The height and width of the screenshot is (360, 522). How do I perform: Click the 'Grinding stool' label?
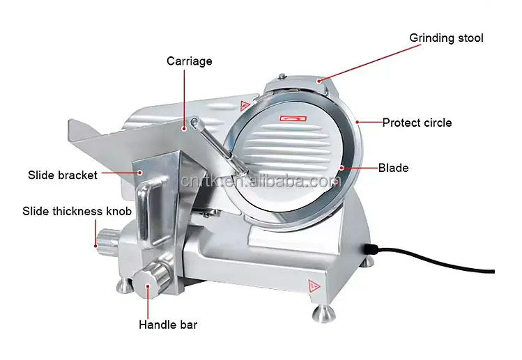tap(446, 38)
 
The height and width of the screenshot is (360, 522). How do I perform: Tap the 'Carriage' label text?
tap(189, 61)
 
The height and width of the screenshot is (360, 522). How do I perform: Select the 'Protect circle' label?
tap(417, 123)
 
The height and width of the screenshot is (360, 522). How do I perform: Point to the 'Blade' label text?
tap(393, 168)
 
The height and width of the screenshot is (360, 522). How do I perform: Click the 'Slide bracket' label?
tap(63, 175)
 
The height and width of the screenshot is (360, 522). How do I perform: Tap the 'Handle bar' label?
tap(168, 324)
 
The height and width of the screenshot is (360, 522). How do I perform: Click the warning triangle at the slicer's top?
tap(244, 106)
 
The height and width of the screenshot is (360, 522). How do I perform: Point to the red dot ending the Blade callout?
tap(342, 168)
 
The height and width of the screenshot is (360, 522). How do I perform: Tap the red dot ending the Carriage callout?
tap(185, 127)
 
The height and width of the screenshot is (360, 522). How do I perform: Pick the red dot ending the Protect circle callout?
tap(357, 123)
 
